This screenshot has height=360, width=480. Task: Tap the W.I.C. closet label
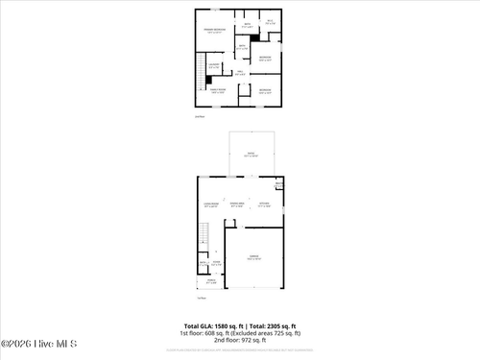[270, 21]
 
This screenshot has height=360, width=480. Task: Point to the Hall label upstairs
[240, 72]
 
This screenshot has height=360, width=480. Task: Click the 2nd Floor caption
[200, 116]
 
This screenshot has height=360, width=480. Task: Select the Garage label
[253, 258]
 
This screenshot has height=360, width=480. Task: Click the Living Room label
[212, 204]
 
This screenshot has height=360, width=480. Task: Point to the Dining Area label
[236, 204]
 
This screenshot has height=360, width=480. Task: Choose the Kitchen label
[265, 204]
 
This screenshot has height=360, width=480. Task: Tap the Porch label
[211, 281]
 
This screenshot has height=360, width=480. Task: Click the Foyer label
[216, 262]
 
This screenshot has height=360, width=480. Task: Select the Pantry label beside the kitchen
[279, 183]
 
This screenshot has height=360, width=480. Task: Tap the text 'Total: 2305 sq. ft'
[271, 325]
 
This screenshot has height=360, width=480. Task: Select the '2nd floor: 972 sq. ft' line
[240, 340]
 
